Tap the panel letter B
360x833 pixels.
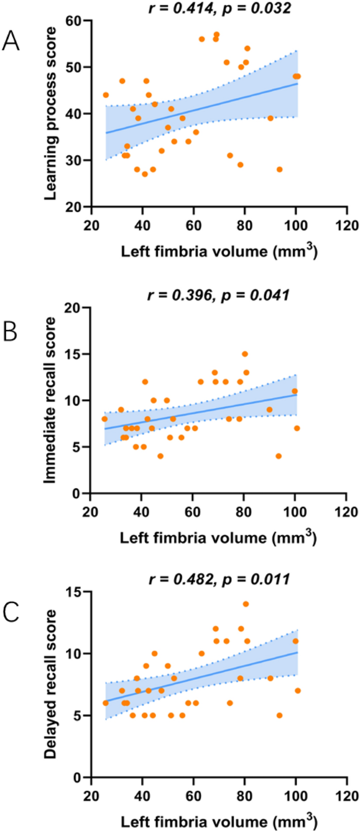tap(11, 333)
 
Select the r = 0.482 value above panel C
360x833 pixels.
tap(179, 579)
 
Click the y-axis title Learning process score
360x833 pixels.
tap(50, 114)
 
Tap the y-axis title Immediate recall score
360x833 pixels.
tap(50, 400)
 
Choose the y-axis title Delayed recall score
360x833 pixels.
tap(50, 684)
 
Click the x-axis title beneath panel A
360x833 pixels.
tap(219, 251)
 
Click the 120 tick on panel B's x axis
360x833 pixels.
tap(346, 512)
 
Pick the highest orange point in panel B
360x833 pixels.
tap(244, 354)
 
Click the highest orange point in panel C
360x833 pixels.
tap(246, 604)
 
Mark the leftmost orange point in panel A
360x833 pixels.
tap(106, 95)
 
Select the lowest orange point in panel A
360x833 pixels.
tap(145, 174)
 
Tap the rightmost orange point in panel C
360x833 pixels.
tap(297, 691)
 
